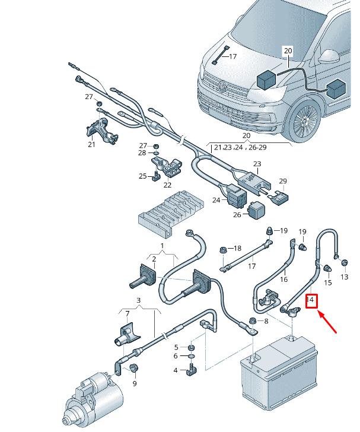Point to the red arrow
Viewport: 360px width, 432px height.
coord(328,323)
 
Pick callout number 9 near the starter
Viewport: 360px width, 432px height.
coord(134,384)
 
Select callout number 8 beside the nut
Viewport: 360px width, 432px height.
coord(266,321)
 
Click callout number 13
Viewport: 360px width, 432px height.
coord(345,277)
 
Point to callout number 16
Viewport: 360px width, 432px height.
coord(283,279)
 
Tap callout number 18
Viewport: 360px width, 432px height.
coord(237,248)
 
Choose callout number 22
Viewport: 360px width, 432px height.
coord(167,185)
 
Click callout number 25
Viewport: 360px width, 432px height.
coord(142,176)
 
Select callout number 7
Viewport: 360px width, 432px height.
coord(127,313)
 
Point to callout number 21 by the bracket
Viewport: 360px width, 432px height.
coord(91,144)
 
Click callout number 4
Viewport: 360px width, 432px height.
coord(176,370)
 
